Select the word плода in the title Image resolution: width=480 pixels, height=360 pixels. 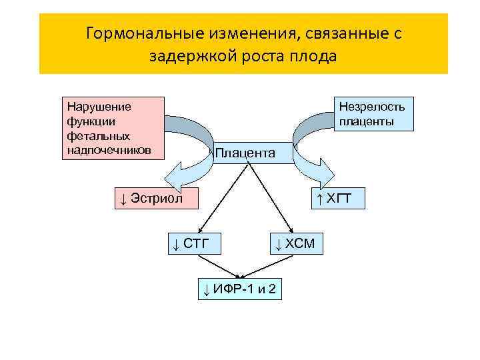click(x=313, y=56)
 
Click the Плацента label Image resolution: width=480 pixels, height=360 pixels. click(x=245, y=153)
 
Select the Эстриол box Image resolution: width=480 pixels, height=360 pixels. click(x=157, y=198)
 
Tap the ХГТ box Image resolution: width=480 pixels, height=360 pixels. click(x=340, y=198)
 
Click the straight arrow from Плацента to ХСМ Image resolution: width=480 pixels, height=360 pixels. click(x=270, y=197)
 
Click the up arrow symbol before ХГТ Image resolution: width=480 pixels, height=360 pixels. click(x=320, y=198)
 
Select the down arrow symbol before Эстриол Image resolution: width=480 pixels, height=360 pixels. click(x=123, y=198)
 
